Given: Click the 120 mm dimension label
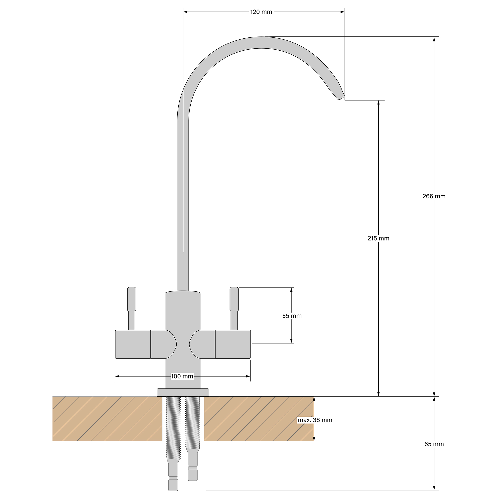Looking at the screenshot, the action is coord(261,12).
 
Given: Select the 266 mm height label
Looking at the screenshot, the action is coord(434,196).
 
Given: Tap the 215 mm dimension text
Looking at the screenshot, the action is coord(378,238).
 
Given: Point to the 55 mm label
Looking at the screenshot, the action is coord(292,316).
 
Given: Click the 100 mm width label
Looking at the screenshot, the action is coord(182,376).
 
